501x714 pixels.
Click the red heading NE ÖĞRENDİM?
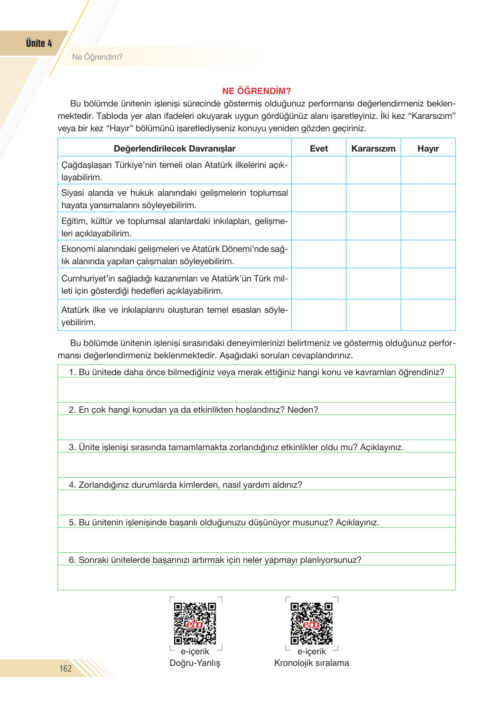256,91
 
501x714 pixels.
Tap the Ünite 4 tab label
39,43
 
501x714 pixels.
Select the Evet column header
319,148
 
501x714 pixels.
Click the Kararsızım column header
373,148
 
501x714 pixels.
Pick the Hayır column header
428,148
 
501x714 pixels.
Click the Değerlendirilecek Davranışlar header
175,148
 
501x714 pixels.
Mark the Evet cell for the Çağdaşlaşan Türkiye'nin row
319,171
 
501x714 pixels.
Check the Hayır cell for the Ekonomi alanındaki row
428,254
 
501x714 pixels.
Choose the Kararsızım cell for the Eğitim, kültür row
373,226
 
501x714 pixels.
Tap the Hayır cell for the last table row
428,315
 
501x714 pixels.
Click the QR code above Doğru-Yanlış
195,623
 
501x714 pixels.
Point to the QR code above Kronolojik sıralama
311,623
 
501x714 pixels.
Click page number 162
65,668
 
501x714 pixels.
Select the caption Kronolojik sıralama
311,663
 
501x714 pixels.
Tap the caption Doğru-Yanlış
195,663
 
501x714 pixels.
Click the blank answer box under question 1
256,390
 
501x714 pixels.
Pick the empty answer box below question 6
256,577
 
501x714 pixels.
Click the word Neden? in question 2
303,410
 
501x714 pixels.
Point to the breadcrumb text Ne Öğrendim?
97,57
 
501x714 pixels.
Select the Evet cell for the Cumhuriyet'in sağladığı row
319,284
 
